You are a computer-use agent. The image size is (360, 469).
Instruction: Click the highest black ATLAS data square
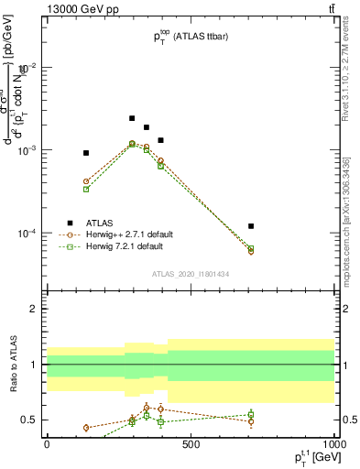[132, 118]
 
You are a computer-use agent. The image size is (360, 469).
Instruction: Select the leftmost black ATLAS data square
[86, 153]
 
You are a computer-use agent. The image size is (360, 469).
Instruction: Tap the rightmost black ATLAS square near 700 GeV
[251, 225]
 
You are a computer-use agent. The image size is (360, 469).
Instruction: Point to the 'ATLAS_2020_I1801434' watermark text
[190, 274]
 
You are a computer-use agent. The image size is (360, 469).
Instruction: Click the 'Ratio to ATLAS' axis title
[12, 365]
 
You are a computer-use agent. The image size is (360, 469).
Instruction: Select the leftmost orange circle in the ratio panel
[86, 428]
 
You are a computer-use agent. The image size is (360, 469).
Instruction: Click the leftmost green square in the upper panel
[86, 189]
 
